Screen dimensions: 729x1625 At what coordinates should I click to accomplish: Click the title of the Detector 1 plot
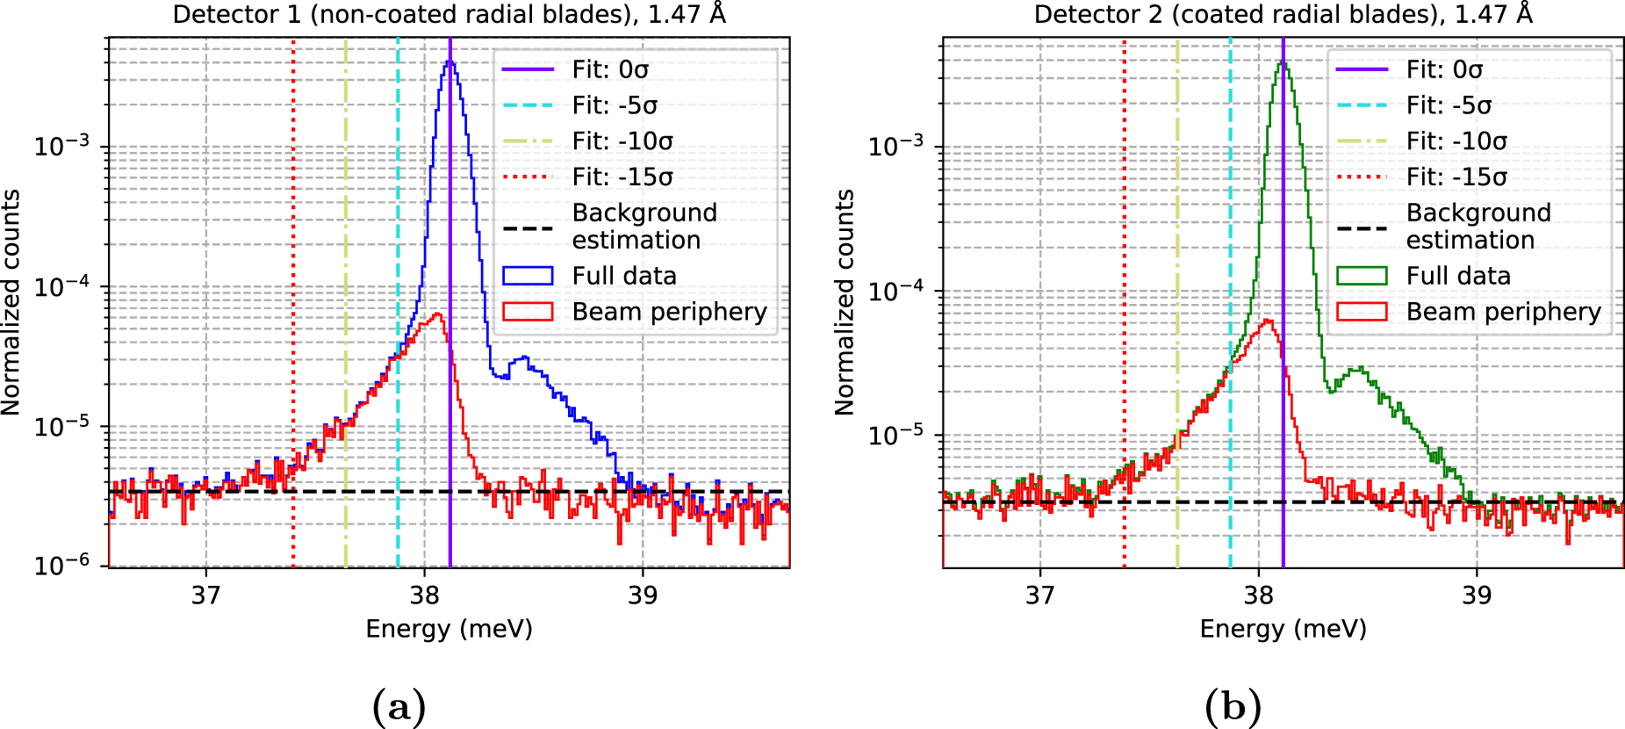coord(449,15)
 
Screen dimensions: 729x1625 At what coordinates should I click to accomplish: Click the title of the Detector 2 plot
coord(1283,15)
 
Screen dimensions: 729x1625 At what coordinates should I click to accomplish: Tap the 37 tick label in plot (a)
coord(206,595)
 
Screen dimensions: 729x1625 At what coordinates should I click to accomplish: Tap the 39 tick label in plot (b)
coord(1477,595)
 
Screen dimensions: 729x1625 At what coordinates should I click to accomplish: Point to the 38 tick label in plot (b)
coord(1258,595)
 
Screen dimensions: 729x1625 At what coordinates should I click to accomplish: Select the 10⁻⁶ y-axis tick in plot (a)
coord(61,565)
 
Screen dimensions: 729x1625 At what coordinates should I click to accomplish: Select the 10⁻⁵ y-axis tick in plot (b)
coord(895,434)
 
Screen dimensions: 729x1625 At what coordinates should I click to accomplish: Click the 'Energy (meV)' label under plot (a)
coord(449,629)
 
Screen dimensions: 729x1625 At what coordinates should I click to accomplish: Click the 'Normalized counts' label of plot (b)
coord(845,302)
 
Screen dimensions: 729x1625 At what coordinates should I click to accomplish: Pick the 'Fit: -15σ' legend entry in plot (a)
coord(622,177)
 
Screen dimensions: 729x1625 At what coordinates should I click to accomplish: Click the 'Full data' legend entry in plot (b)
coord(1457,276)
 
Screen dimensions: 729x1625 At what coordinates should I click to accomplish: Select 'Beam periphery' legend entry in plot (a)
coord(669,312)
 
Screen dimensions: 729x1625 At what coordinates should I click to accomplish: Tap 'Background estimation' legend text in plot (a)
coord(644,227)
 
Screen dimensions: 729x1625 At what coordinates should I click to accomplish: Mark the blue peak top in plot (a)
coord(449,61)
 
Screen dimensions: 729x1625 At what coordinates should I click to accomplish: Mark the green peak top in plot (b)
coord(1283,62)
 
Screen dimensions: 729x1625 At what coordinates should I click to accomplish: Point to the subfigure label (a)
coord(399,706)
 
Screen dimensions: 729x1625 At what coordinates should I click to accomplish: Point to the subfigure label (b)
coord(1233,706)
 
